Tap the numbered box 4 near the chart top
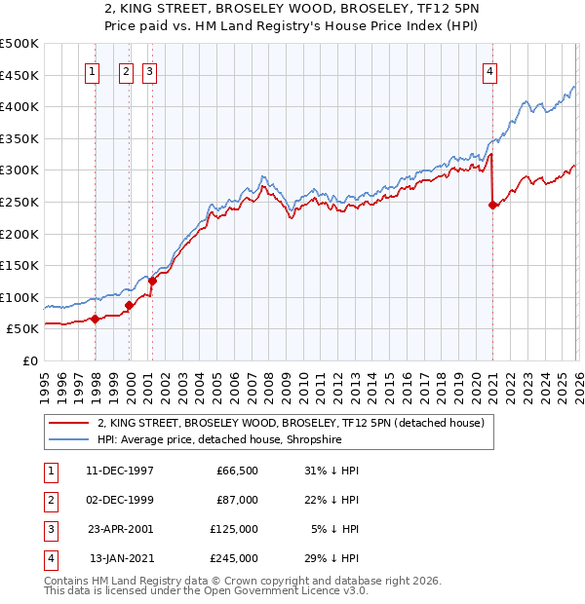(x=490, y=70)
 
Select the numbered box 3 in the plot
(x=150, y=70)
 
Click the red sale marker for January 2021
(x=492, y=205)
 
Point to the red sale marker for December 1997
(x=95, y=319)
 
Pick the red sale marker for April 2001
(x=152, y=282)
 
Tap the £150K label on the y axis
(x=19, y=265)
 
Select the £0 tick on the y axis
(x=29, y=360)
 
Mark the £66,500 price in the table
(x=237, y=471)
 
